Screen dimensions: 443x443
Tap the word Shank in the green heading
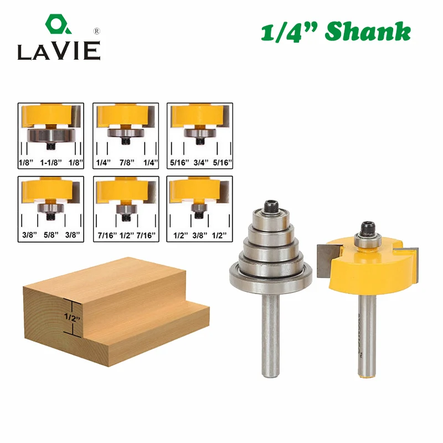(368, 32)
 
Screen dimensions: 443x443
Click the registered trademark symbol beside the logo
(96, 31)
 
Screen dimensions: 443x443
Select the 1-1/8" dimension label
(51, 162)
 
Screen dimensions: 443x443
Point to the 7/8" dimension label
(127, 162)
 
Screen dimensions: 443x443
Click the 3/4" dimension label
(201, 162)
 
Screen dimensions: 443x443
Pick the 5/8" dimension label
(51, 235)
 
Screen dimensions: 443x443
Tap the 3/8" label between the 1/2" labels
(200, 235)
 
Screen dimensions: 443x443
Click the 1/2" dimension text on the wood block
(72, 318)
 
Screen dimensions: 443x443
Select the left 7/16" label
(107, 235)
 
